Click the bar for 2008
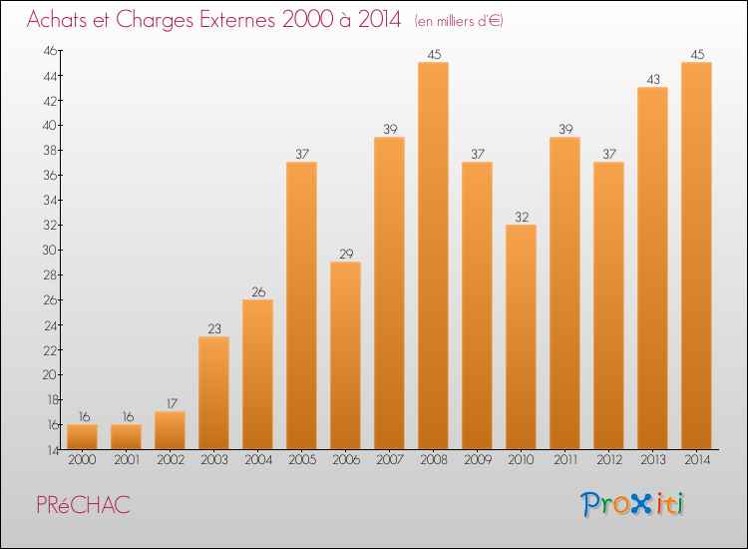point(433,256)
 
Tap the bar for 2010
point(521,336)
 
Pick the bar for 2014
point(696,256)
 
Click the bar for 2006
point(345,355)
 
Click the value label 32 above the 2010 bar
point(521,217)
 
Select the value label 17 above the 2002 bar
point(170,404)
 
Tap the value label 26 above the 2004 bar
point(257,291)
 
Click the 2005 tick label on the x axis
point(301,460)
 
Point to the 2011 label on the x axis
point(564,460)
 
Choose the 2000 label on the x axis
point(82,460)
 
